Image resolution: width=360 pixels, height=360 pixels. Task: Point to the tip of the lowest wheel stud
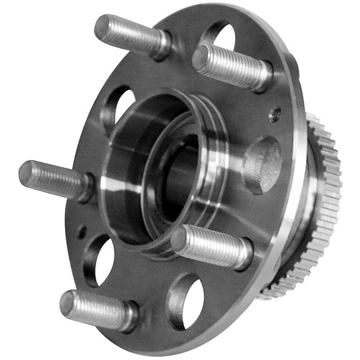click(x=67, y=302)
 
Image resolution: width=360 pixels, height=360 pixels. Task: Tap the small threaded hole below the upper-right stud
click(x=274, y=115)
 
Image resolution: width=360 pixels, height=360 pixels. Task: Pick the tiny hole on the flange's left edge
click(x=82, y=232)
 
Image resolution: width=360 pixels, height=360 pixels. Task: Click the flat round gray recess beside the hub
click(x=262, y=165)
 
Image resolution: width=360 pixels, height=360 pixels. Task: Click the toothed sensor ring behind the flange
click(x=322, y=206)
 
